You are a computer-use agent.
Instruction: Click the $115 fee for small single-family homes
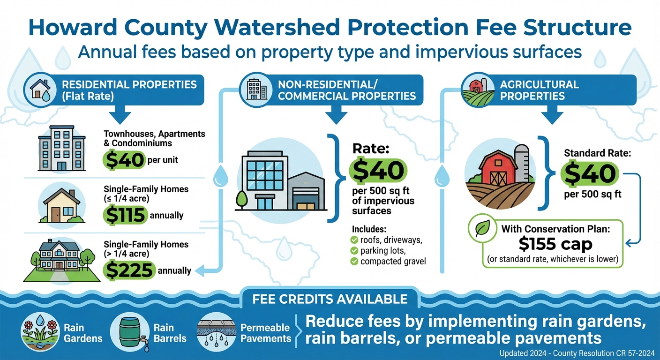coord(126,215)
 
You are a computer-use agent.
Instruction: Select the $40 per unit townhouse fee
coord(124,160)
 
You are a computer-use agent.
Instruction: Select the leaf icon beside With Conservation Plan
coord(482,229)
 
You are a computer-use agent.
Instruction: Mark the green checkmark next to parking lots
coord(354,251)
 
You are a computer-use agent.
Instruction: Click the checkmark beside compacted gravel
coord(354,261)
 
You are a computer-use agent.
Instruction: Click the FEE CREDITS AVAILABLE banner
coord(330,299)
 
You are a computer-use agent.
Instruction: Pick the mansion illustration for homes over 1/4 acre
coord(60,256)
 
